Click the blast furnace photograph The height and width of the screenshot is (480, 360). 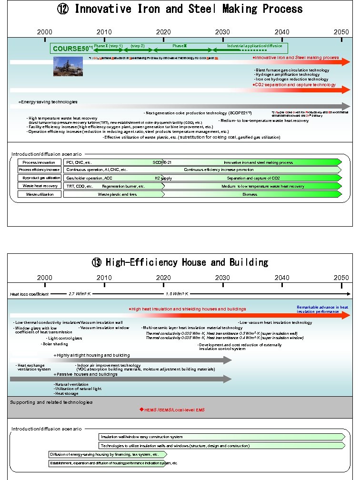[68, 66]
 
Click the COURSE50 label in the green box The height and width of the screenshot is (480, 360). [70, 49]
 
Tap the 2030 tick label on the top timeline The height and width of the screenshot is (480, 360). [222, 32]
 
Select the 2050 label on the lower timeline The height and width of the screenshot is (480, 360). [341, 278]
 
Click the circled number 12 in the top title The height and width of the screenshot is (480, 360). [63, 9]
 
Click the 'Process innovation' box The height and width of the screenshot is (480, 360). [40, 162]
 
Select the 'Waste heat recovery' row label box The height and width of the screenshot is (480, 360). [40, 186]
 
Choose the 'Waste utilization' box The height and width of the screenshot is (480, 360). [40, 194]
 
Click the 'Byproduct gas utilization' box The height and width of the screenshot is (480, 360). [40, 178]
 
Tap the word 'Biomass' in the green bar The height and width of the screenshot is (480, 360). [250, 194]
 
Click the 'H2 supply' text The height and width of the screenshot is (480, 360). [163, 178]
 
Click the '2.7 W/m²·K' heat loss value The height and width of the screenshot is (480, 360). [80, 294]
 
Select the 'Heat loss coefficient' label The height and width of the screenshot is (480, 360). [30, 294]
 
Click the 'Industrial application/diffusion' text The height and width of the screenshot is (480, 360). [254, 46]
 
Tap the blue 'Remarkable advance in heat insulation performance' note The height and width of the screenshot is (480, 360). [322, 310]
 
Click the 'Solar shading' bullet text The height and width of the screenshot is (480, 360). [55, 344]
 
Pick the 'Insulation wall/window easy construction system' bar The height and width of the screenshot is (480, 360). [141, 437]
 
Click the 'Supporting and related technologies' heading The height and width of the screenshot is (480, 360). [51, 402]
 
